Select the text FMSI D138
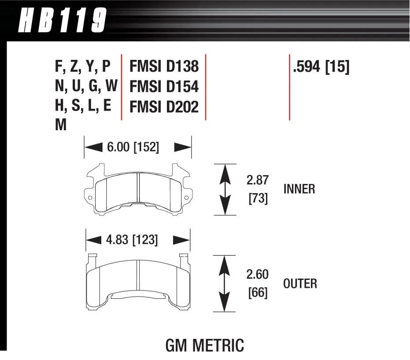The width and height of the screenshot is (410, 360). click(x=164, y=66)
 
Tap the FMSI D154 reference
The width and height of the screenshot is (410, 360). click(x=164, y=87)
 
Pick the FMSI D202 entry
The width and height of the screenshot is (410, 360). click(x=164, y=107)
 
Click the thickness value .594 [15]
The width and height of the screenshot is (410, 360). click(x=320, y=67)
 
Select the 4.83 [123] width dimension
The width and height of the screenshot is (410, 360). click(x=132, y=240)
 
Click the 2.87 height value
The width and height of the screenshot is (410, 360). click(x=258, y=180)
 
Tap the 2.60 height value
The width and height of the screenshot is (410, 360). click(x=258, y=275)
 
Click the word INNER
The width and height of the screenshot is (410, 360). click(x=299, y=189)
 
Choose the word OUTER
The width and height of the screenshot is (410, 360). click(x=300, y=283)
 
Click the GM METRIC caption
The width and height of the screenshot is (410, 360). click(x=204, y=345)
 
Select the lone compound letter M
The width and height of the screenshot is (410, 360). click(x=61, y=126)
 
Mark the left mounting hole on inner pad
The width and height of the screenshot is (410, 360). click(x=90, y=198)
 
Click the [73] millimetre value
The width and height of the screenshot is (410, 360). click(x=258, y=199)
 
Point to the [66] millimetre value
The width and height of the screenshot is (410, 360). click(x=258, y=293)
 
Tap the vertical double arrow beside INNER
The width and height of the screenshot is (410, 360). click(x=225, y=189)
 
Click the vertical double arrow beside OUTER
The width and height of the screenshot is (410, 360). click(x=225, y=283)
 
